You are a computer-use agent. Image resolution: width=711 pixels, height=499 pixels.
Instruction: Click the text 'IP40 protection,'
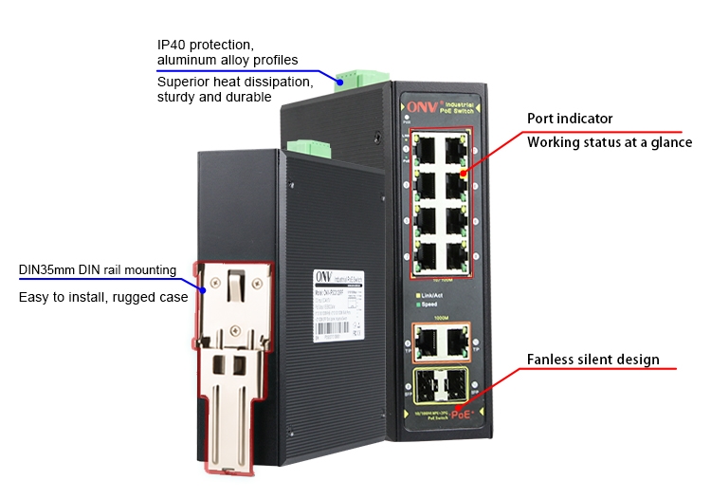point(205,45)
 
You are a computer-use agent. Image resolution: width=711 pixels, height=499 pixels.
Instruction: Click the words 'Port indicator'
point(570,120)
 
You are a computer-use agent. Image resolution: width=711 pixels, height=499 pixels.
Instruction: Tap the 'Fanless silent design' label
point(592,360)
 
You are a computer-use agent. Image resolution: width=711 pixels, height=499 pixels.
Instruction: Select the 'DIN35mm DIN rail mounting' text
point(98,270)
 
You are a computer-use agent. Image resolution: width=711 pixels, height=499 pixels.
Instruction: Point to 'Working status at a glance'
point(610,143)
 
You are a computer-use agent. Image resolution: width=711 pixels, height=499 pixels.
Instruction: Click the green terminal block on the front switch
point(307,147)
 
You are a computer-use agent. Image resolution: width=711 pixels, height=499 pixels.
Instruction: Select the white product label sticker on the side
point(337,303)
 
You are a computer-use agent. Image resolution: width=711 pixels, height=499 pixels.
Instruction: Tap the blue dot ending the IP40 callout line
point(339,81)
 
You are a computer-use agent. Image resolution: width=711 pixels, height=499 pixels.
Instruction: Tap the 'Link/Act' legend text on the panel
point(435,296)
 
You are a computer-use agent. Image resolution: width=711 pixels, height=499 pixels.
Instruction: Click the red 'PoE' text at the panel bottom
point(462,414)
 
